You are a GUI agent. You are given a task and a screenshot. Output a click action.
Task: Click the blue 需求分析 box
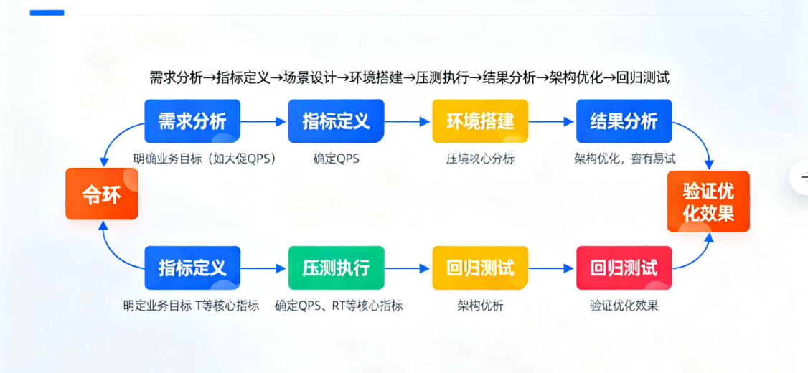coord(192,121)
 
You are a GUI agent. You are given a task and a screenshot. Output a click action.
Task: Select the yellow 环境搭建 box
coord(480,121)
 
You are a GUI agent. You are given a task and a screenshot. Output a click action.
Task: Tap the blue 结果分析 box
coord(624,121)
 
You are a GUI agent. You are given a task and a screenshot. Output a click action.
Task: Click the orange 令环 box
coord(101,194)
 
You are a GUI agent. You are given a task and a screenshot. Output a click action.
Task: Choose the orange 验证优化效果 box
coord(708,202)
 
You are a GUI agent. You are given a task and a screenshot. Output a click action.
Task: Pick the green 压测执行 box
coord(336,268)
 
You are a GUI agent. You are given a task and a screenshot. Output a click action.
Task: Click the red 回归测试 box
coord(624,268)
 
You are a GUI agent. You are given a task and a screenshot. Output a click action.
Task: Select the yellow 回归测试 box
coord(480,268)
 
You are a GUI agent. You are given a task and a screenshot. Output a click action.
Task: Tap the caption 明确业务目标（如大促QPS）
coord(205,159)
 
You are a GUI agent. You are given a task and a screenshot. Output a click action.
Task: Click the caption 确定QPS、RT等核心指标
coord(339,306)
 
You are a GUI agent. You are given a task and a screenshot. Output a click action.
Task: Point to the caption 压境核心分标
coord(480,159)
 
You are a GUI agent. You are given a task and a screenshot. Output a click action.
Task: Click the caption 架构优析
coord(480,306)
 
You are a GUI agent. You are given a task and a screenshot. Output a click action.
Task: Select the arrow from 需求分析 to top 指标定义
coord(263,122)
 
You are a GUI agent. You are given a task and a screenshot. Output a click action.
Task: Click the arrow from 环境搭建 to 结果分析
coord(552,122)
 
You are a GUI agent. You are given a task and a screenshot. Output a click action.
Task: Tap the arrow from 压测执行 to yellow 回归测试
coord(408,269)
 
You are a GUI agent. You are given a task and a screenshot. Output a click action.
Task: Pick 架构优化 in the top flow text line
coord(576,77)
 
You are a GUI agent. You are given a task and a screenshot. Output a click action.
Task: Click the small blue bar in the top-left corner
coord(47,12)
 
